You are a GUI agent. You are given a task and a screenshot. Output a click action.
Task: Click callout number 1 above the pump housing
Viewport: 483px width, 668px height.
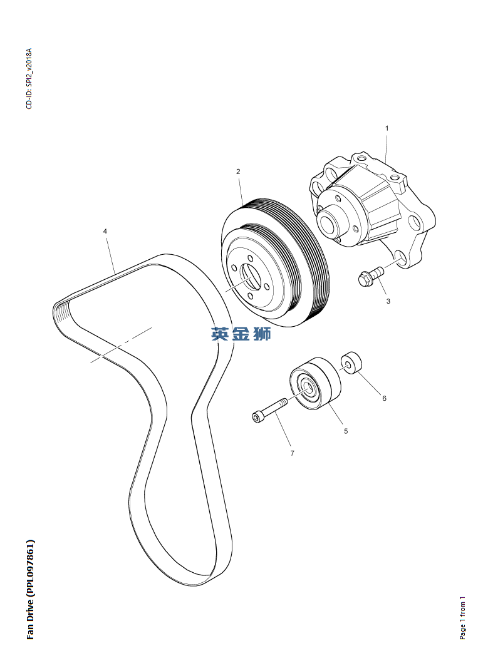point(387,128)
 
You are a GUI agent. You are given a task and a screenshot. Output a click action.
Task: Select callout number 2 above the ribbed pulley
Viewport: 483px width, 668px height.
point(238,171)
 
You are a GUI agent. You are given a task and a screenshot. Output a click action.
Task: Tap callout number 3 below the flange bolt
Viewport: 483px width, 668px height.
point(388,301)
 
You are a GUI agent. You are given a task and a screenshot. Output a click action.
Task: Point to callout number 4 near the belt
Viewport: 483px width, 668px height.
point(105,232)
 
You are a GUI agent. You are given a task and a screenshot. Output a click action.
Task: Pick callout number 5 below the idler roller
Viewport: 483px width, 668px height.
point(345,431)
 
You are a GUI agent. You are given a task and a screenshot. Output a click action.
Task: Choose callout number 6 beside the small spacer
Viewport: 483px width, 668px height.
point(384,398)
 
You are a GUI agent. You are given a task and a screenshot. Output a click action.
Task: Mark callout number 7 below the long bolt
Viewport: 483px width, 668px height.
point(292,453)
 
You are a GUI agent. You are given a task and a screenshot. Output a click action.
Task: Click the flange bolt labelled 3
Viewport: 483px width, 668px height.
point(370,275)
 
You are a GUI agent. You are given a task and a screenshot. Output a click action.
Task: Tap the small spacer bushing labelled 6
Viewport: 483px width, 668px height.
point(351,362)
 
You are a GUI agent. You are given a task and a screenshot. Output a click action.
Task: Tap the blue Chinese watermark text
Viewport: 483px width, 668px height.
point(241,334)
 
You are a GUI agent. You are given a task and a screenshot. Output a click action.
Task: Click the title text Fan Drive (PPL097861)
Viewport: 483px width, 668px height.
point(30,588)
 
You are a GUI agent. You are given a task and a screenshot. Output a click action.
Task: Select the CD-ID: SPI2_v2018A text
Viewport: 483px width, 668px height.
point(29,78)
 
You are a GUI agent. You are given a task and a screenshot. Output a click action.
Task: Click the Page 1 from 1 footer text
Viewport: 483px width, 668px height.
point(462,617)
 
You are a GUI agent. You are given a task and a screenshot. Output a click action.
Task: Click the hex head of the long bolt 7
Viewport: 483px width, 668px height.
point(257,416)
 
